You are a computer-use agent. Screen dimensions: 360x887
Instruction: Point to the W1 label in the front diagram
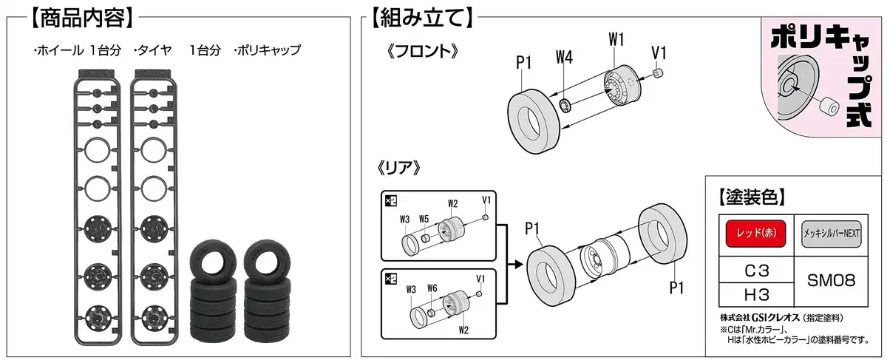(617, 38)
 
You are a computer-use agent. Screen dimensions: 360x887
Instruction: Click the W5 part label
(424, 219)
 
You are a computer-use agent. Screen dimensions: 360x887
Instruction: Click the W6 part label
(432, 289)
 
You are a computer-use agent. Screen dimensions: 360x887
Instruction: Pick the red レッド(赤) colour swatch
(753, 235)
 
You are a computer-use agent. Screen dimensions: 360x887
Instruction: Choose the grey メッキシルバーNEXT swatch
(829, 235)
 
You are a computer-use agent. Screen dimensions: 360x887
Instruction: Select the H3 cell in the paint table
(753, 294)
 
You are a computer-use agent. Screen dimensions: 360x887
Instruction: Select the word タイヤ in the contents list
(154, 51)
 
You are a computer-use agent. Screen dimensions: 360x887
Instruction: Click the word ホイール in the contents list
(60, 51)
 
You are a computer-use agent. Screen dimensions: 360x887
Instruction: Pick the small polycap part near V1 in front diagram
(660, 73)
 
